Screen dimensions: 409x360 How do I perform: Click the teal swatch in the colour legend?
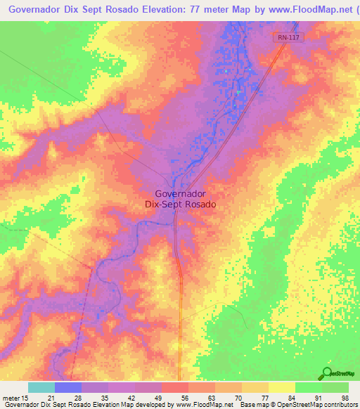click(41, 387)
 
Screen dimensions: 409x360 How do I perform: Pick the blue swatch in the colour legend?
click(68, 387)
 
